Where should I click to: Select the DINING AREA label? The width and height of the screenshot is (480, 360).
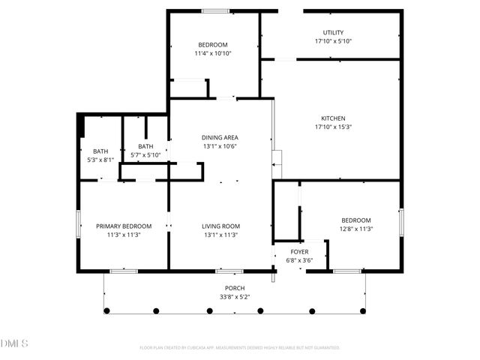(220, 137)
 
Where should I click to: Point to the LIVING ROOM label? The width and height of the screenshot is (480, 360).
(220, 226)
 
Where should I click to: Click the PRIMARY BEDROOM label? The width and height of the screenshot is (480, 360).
(124, 226)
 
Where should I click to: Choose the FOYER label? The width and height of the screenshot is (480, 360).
(300, 252)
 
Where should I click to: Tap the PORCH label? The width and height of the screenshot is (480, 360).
(235, 288)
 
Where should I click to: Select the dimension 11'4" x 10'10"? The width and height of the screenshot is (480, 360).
(212, 53)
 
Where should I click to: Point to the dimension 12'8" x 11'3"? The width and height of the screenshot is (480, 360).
(356, 229)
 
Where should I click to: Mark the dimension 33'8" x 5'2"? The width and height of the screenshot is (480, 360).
(235, 296)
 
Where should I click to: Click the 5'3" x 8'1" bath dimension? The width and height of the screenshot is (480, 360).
(100, 160)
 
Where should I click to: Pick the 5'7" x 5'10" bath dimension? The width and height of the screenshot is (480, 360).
(145, 154)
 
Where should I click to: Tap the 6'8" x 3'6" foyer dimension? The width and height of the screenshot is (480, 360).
(300, 260)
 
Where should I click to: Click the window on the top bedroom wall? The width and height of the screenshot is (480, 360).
(215, 10)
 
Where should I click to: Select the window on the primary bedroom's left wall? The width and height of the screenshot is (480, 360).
(78, 225)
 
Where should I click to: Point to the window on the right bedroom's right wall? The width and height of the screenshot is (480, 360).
(401, 222)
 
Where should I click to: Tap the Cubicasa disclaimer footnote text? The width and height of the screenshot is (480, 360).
(240, 348)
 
